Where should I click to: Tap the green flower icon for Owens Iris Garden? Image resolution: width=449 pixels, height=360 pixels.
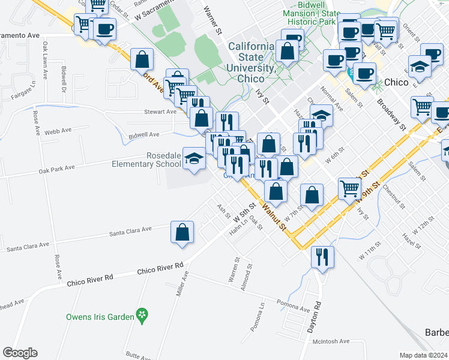[x=142, y=314]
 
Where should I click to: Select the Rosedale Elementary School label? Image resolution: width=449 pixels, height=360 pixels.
[x=146, y=160]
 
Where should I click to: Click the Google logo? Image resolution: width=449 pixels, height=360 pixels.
[x=20, y=353]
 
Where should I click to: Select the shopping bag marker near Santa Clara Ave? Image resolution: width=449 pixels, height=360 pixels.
[x=182, y=232]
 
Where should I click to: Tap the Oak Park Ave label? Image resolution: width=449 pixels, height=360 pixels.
[x=56, y=170]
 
